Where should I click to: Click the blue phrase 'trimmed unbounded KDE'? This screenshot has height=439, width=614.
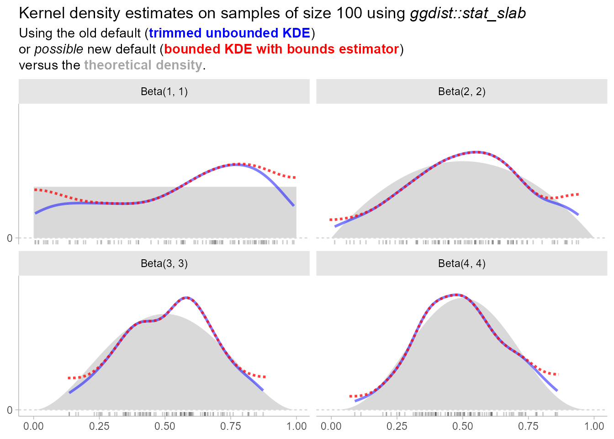pyautogui.click(x=229, y=33)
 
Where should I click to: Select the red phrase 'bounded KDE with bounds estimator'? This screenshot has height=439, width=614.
pyautogui.click(x=281, y=49)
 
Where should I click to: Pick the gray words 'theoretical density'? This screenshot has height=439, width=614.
pyautogui.click(x=143, y=65)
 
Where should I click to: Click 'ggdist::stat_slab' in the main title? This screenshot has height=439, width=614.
pyautogui.click(x=468, y=13)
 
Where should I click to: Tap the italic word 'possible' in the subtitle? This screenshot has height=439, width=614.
pyautogui.click(x=59, y=49)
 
